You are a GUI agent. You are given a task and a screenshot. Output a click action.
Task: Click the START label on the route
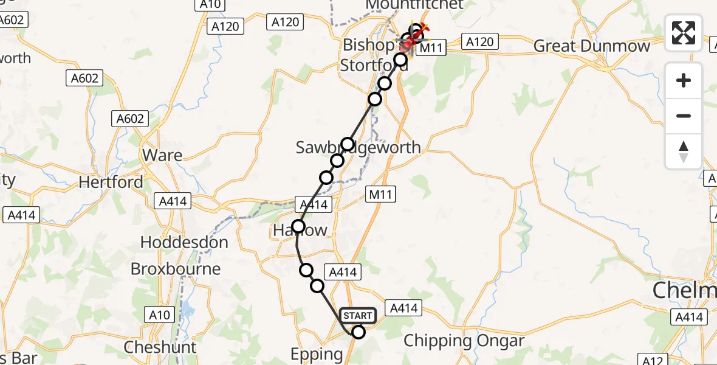click(x=358, y=315)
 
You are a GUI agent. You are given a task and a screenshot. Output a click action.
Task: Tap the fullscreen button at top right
click(x=684, y=33)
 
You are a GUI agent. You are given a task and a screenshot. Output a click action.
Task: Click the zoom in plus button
click(x=684, y=80)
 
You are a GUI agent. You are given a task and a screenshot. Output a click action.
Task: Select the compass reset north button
click(x=684, y=151)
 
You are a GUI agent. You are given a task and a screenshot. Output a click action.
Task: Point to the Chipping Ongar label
click(x=464, y=341)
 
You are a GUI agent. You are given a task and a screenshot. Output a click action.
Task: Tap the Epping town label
click(x=317, y=354)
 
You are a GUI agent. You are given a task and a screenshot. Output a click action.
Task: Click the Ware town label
click(x=162, y=155)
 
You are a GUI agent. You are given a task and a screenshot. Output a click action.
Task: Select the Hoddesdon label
click(x=184, y=242)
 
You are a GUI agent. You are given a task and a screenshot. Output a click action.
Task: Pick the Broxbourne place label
click(x=176, y=269)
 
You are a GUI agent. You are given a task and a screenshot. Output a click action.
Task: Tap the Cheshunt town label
click(x=160, y=347)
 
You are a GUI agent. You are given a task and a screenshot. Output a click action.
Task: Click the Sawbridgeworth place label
click(x=358, y=148)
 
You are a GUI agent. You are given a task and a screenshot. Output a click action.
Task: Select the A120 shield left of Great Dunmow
click(x=480, y=41)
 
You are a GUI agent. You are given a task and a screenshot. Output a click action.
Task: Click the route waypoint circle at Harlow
click(x=298, y=227)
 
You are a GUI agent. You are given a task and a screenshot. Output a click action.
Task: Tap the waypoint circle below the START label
click(x=358, y=332)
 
